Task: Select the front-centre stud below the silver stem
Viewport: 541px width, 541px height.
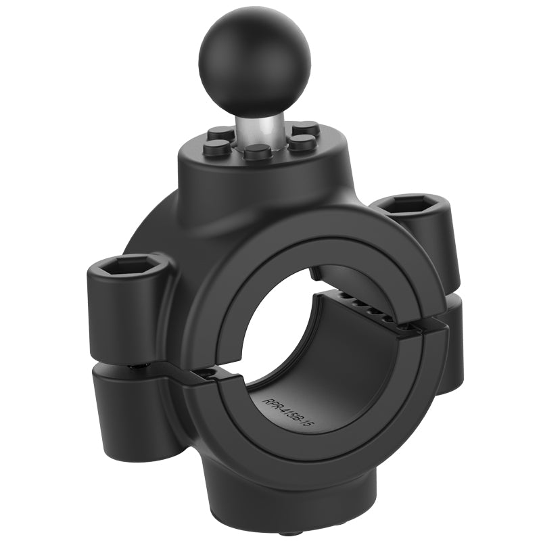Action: [257, 151]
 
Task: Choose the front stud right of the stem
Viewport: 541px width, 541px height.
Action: [302, 142]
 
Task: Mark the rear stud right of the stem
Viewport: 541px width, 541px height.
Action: [306, 127]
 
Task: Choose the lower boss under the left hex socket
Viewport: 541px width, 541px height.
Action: [135, 406]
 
